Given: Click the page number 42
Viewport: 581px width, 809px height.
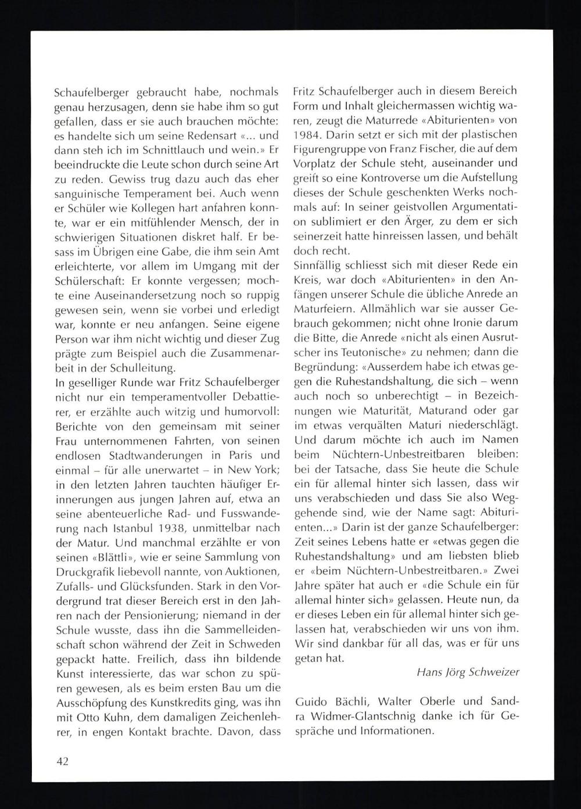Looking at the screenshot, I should pos(62,761).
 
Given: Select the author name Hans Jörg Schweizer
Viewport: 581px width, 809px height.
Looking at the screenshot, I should pos(468,672).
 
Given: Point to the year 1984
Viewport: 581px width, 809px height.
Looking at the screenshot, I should pos(307,135).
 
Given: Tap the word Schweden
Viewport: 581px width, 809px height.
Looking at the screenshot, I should pos(253,644).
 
